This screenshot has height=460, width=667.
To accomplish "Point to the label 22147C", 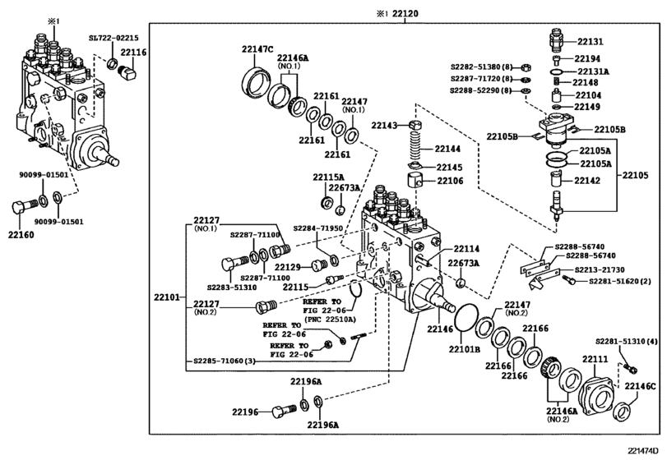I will (x=257, y=48).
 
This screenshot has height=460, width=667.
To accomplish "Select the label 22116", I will (x=133, y=52).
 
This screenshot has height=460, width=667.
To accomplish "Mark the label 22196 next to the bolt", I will (x=244, y=412).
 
